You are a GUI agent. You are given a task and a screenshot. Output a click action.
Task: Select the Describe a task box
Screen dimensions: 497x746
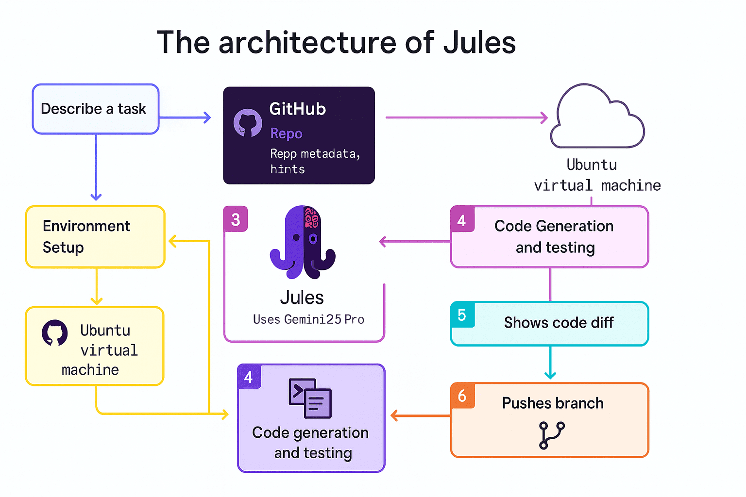tap(96, 109)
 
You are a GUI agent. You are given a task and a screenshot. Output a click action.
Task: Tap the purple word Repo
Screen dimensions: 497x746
tap(286, 133)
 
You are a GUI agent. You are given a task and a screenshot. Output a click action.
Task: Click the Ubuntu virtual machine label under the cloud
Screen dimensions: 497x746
tap(596, 175)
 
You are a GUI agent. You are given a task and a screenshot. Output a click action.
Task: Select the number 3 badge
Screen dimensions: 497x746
tap(236, 219)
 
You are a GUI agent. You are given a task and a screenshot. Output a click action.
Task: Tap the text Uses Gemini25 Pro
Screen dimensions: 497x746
tap(308, 319)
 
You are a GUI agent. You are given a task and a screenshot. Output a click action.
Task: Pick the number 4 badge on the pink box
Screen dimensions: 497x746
tap(462, 220)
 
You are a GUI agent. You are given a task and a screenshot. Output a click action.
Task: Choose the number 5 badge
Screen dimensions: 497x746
tap(462, 315)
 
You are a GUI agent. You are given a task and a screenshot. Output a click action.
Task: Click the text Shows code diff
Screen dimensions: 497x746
tap(559, 323)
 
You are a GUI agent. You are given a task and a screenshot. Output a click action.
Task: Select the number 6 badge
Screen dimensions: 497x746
tap(462, 396)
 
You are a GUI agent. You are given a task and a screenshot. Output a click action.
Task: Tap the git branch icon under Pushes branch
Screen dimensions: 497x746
tap(552, 435)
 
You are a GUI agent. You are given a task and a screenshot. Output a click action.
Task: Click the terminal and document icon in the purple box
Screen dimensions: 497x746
tap(310, 398)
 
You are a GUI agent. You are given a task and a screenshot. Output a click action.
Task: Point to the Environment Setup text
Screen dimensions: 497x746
tap(86, 237)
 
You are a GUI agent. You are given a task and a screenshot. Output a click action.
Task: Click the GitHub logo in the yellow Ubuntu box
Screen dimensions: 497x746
tap(54, 333)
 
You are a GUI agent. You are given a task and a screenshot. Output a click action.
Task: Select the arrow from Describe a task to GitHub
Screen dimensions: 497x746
tap(185, 117)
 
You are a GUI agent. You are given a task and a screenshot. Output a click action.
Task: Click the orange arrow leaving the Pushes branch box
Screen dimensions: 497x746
tap(420, 416)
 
